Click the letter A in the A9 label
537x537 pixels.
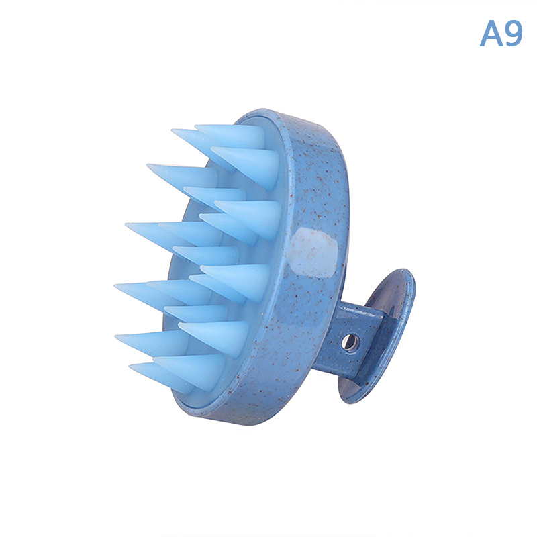(x=491, y=34)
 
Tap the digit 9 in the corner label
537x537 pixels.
(x=514, y=34)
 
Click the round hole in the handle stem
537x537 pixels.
(x=350, y=342)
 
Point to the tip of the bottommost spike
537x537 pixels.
(x=130, y=367)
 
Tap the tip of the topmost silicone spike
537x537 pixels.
(x=195, y=127)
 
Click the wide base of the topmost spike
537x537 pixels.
(x=261, y=137)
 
